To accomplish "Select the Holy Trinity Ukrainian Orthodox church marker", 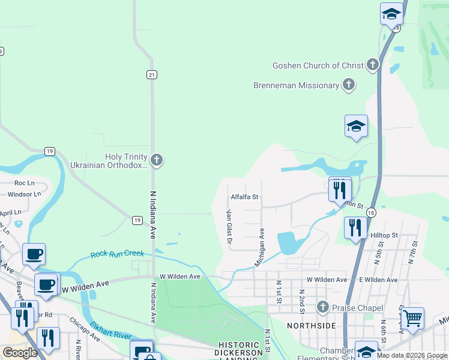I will pos(157,160).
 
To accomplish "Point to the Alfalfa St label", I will pos(244,197).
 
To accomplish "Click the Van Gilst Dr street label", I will pos(229,226).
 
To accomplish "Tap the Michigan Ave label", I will pos(259,247).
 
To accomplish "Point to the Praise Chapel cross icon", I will pos(323,308).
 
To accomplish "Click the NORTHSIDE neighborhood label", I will pos(311,325).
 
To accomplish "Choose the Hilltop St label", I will pos(384,236).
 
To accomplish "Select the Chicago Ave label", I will pos(84,329).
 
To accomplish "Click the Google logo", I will pos(20,353).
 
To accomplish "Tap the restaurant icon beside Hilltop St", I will pos(355,227).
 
